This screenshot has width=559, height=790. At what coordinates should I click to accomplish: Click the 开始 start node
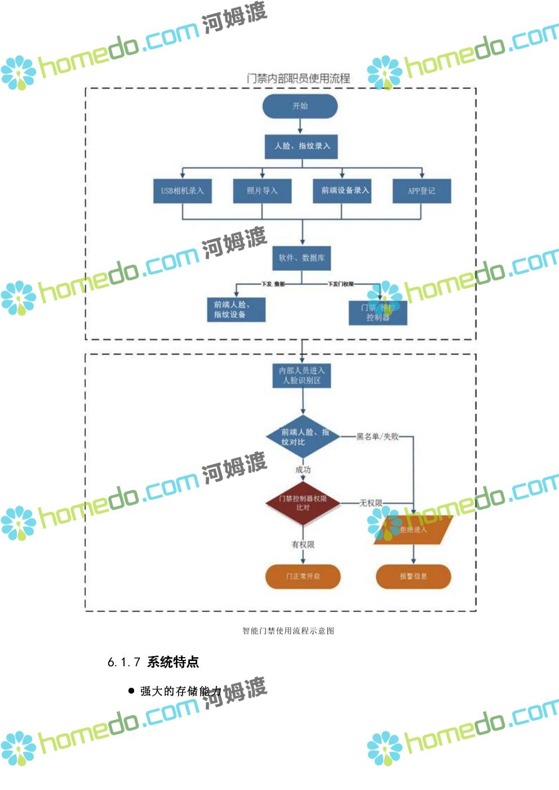(x=300, y=106)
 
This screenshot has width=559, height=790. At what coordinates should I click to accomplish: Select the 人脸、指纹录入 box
(x=301, y=146)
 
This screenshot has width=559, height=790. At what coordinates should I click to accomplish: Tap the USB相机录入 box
(x=182, y=191)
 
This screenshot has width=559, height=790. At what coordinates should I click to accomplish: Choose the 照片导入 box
(x=262, y=191)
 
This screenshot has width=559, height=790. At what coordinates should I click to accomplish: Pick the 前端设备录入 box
(x=342, y=191)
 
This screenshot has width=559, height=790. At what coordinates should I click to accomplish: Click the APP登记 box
(x=422, y=191)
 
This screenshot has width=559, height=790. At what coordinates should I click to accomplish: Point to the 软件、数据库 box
(x=301, y=258)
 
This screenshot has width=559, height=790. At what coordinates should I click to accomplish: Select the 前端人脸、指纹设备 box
(x=236, y=310)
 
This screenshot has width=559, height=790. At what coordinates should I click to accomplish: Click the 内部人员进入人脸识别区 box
(x=302, y=376)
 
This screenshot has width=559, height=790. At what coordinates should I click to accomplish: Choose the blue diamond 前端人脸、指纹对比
(x=303, y=437)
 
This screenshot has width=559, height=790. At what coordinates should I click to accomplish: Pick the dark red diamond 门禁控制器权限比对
(x=303, y=503)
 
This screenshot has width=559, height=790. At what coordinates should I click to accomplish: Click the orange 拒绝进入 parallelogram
(x=414, y=530)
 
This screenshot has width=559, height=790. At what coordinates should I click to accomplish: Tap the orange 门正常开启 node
(x=303, y=577)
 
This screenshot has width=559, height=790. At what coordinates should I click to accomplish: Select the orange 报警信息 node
(x=413, y=577)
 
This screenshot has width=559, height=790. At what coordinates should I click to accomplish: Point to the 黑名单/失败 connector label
(x=377, y=436)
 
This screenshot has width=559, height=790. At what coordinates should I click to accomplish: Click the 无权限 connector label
(x=370, y=503)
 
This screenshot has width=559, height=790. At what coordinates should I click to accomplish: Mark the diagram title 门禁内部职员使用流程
(x=298, y=79)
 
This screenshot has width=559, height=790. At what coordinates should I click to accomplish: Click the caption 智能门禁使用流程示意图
(x=288, y=631)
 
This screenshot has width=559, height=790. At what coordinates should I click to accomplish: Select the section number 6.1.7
(x=123, y=662)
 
